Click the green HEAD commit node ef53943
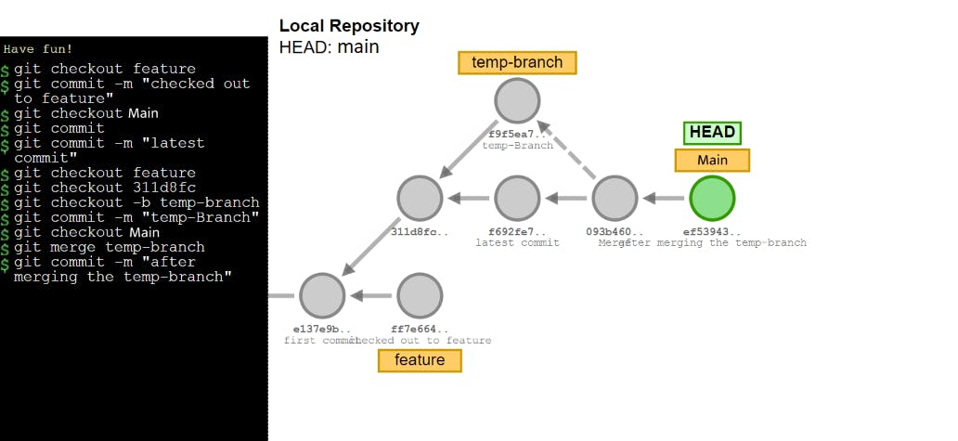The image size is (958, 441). (712, 198)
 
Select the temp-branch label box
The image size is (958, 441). (517, 62)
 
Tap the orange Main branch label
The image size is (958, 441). (712, 160)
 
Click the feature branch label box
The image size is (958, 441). (420, 360)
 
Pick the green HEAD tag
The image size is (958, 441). (712, 133)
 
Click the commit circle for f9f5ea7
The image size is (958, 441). (517, 101)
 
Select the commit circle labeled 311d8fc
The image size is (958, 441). (420, 198)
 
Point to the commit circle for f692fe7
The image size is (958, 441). (517, 198)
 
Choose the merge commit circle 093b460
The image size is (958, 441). (614, 198)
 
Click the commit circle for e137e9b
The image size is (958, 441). (322, 295)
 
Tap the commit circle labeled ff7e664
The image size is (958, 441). (420, 295)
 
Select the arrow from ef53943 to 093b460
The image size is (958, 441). (663, 198)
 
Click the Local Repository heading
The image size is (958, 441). (349, 26)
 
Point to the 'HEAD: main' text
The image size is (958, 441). (330, 46)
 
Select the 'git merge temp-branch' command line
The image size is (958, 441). (109, 247)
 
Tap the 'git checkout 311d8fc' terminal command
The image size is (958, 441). (104, 188)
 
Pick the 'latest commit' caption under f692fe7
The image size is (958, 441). (517, 242)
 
